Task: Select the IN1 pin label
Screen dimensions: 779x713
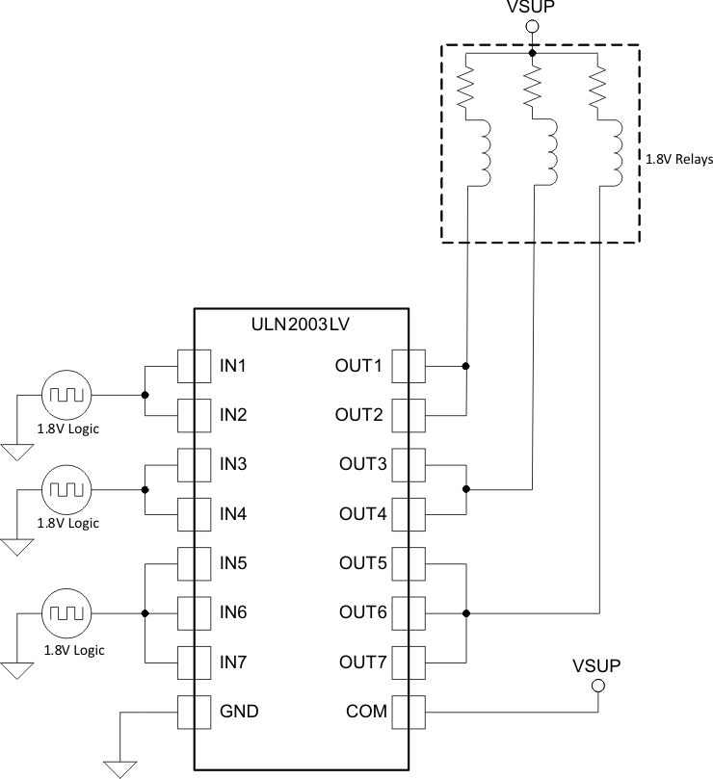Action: pos(234,366)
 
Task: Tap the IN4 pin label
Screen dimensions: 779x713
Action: pos(234,514)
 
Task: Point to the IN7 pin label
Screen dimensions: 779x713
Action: pos(234,662)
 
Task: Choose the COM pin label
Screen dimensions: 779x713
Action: pos(366,712)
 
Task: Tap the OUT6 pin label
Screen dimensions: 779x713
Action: pos(362,612)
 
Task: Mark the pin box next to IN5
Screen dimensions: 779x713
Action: pos(195,563)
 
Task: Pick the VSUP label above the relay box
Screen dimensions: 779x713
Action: pos(529,10)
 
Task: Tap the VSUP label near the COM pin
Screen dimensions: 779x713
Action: pos(596,665)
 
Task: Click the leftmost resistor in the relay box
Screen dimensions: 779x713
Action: pos(466,84)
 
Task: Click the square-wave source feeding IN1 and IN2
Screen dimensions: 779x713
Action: pos(66,394)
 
